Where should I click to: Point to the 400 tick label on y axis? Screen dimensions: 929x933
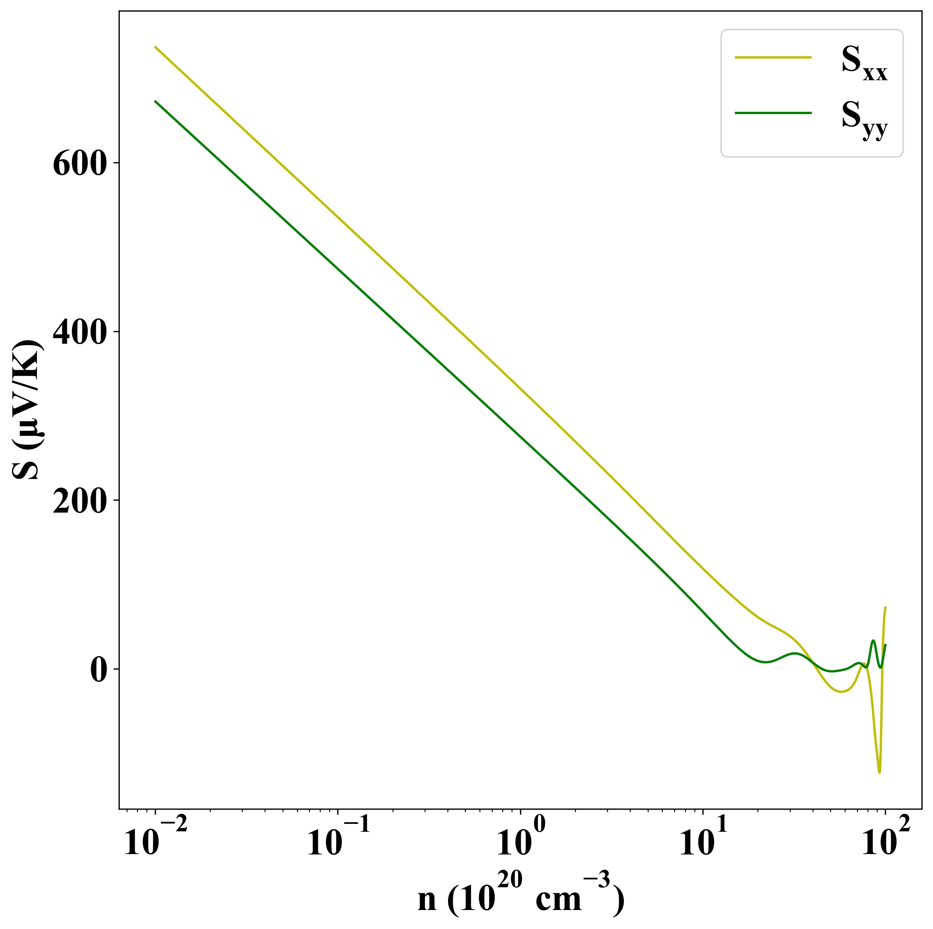pos(79,333)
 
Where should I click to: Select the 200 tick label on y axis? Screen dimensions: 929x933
pos(79,502)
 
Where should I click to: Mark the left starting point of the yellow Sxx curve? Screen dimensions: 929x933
pos(155,47)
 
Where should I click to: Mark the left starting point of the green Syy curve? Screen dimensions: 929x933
pos(155,101)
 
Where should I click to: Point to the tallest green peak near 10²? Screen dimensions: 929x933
pos(873,640)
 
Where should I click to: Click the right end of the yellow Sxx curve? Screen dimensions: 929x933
pos(885,607)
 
